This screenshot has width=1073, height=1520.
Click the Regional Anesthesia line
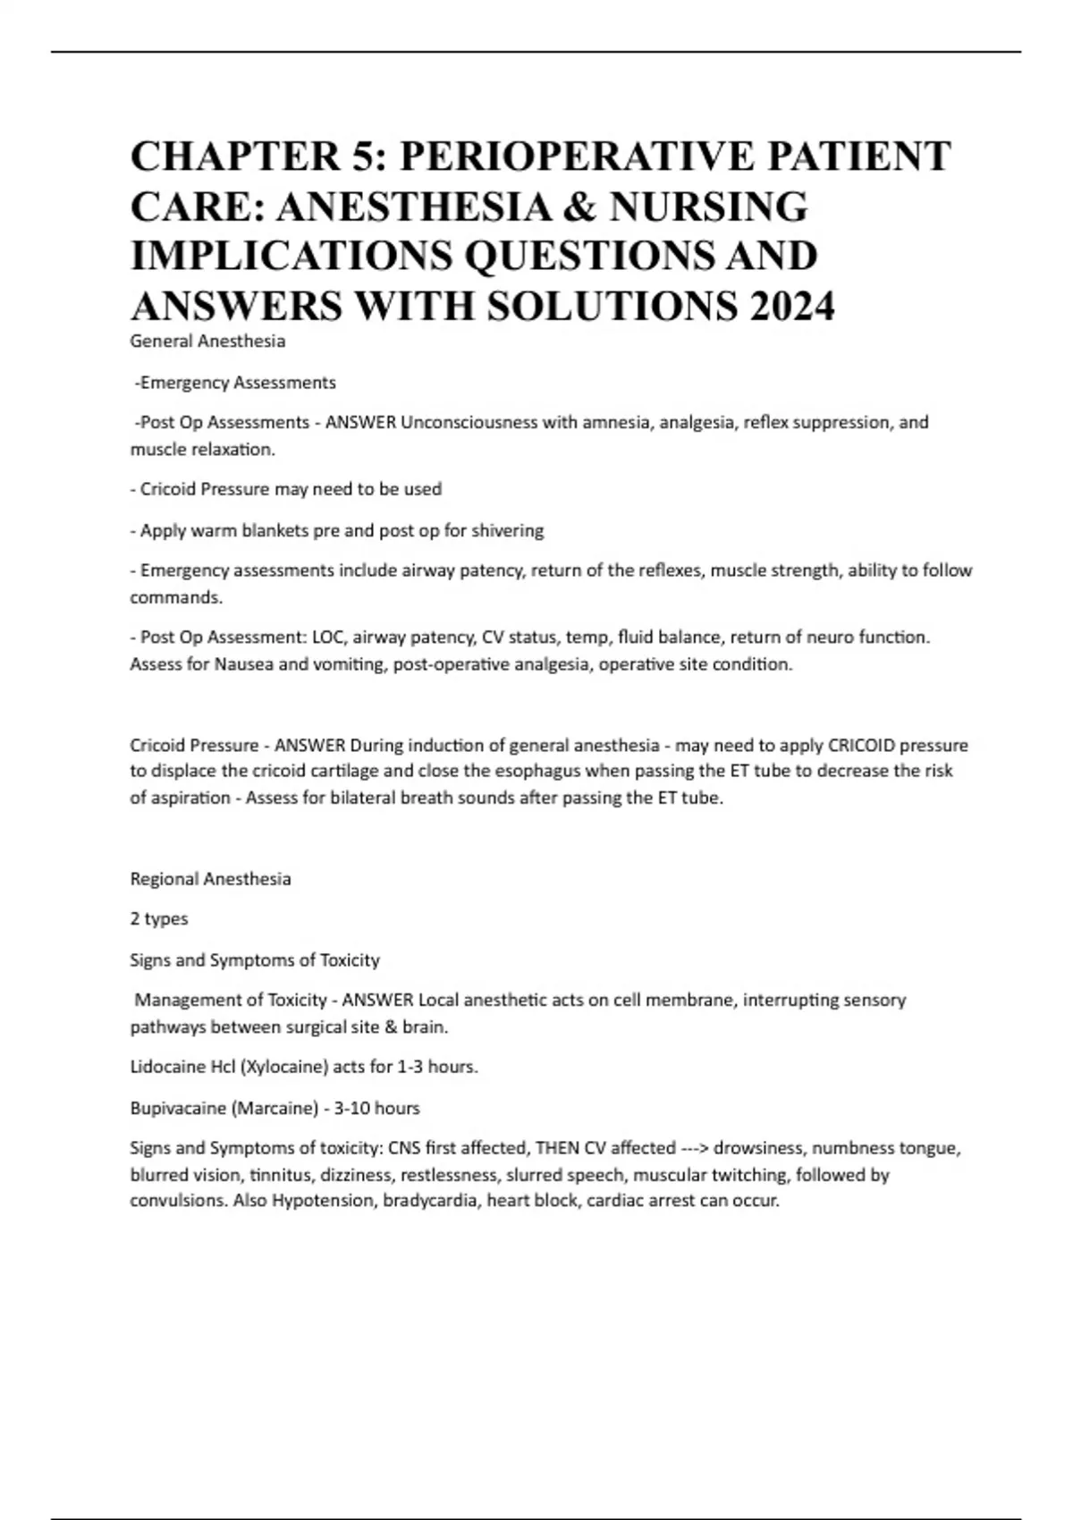click(211, 879)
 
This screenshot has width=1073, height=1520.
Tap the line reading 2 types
click(159, 919)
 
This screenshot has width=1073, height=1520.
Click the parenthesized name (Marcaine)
click(275, 1108)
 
